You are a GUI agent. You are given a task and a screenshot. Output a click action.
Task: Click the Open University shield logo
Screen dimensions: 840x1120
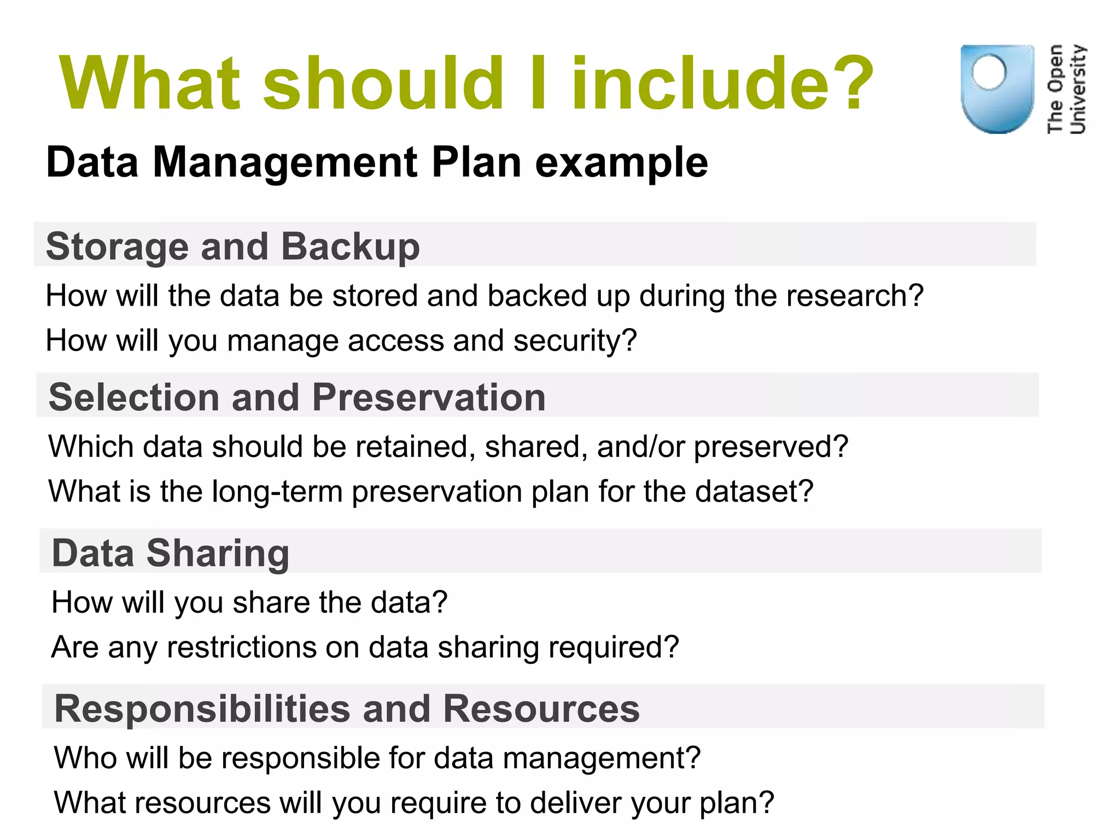(997, 90)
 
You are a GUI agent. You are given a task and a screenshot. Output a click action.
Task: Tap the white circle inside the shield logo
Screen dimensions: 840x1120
(989, 72)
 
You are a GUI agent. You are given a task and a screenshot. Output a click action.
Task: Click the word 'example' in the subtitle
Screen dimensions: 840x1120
(621, 162)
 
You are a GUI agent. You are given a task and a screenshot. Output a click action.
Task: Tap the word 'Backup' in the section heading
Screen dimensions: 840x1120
(350, 247)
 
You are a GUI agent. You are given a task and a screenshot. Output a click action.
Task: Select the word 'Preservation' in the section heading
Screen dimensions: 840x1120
(429, 397)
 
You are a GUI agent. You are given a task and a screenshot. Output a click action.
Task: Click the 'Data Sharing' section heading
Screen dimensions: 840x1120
(170, 553)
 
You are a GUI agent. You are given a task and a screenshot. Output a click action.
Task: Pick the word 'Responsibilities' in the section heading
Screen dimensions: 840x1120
(202, 709)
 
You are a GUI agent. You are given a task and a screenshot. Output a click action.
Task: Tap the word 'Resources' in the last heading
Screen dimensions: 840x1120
(541, 709)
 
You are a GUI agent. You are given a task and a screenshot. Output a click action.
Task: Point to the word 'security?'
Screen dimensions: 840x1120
(575, 341)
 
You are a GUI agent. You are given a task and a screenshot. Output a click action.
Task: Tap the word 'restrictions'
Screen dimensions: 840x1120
(241, 647)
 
